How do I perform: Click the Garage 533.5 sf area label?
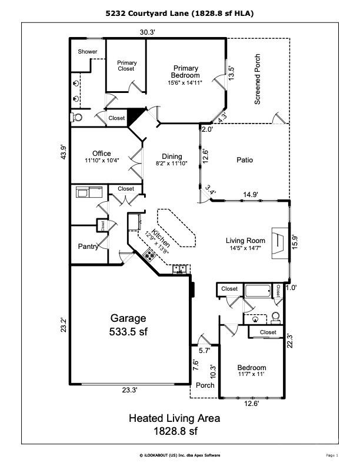pyautogui.click(x=128, y=325)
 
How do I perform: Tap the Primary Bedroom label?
pyautogui.click(x=185, y=72)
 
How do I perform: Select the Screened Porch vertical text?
pyautogui.click(x=258, y=79)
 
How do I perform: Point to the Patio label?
pyautogui.click(x=245, y=160)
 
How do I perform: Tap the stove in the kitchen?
pyautogui.click(x=149, y=255)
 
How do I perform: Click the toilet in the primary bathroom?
pyautogui.click(x=76, y=118)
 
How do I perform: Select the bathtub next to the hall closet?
pyautogui.click(x=258, y=291)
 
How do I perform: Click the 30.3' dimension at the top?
pyautogui.click(x=148, y=32)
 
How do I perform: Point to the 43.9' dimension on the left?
pyautogui.click(x=64, y=152)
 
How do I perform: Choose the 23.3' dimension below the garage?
pyautogui.click(x=130, y=390)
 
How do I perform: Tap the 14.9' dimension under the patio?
pyautogui.click(x=251, y=195)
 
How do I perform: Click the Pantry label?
pyautogui.click(x=88, y=247)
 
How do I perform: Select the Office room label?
pyautogui.click(x=102, y=154)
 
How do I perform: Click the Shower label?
pyautogui.click(x=87, y=51)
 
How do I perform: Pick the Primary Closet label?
pyautogui.click(x=126, y=66)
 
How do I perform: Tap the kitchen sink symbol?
pyautogui.click(x=179, y=269)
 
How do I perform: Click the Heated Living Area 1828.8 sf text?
pyautogui.click(x=175, y=424)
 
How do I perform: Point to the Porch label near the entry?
pyautogui.click(x=205, y=385)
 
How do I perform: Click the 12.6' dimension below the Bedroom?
pyautogui.click(x=252, y=404)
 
